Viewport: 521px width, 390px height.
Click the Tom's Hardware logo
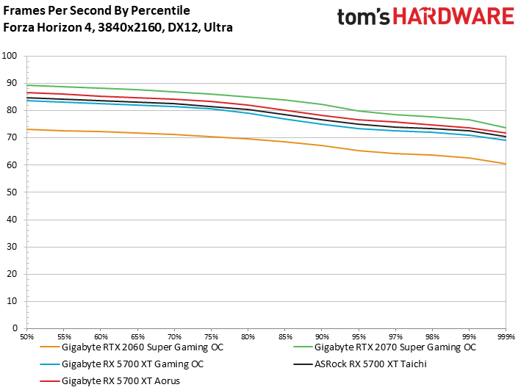[x=425, y=18]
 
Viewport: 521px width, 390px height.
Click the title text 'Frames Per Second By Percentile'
[x=96, y=11]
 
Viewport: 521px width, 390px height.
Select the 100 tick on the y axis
[x=11, y=56]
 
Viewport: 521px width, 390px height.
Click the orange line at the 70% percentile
[x=174, y=134]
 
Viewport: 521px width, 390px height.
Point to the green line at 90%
[x=321, y=104]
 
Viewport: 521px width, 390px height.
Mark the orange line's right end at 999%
[x=505, y=164]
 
